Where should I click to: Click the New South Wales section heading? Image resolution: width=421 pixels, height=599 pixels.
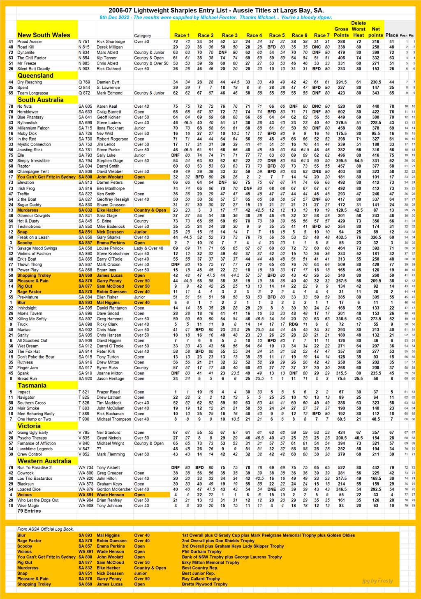(x=44, y=35)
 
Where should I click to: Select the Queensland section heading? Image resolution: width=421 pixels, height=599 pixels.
(x=35, y=76)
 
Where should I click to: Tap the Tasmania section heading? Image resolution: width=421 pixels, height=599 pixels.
(x=32, y=386)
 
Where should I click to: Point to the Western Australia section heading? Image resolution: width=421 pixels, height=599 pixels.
(x=44, y=461)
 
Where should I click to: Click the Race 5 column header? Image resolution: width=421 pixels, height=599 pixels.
(x=277, y=35)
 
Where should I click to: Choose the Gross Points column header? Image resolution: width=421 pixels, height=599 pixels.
(x=341, y=32)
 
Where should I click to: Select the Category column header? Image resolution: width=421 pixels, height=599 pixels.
(x=143, y=36)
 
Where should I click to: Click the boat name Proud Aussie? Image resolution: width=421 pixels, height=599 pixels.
(x=30, y=42)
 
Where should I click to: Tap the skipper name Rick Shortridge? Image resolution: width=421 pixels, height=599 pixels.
(x=111, y=42)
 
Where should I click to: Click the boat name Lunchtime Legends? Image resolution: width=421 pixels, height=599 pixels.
(x=35, y=449)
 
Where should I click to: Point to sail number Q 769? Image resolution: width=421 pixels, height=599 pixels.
(x=84, y=82)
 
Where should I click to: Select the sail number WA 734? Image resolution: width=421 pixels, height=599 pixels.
(x=86, y=468)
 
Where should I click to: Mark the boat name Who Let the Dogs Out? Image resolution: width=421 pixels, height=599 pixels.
(x=38, y=500)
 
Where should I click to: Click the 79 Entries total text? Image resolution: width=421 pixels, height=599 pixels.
(x=29, y=511)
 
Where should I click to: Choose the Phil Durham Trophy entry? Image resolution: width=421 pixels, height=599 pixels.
(x=202, y=552)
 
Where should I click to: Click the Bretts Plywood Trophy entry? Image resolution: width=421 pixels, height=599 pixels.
(x=205, y=584)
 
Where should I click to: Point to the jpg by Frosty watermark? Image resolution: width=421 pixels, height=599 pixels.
(x=378, y=581)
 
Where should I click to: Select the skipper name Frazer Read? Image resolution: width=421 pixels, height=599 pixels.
(x=108, y=392)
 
